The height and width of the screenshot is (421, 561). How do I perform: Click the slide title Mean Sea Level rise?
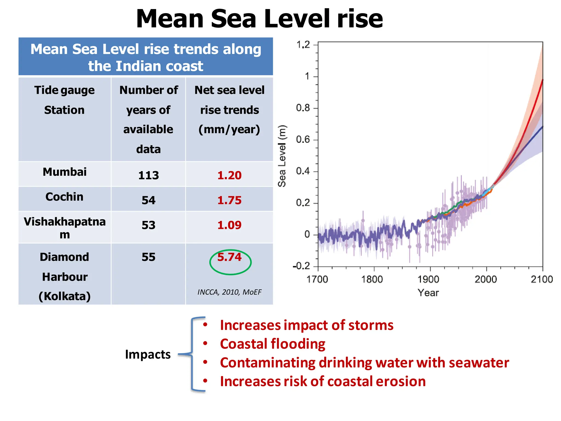click(x=259, y=19)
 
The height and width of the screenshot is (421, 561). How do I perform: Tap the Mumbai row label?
click(x=65, y=172)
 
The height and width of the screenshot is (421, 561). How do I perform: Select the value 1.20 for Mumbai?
click(x=229, y=175)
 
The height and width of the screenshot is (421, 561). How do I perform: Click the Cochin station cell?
click(x=64, y=197)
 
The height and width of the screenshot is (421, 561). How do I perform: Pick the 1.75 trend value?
click(x=229, y=200)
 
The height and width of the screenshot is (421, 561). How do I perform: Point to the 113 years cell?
click(x=148, y=175)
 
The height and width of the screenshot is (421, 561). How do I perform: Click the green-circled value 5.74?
click(x=229, y=257)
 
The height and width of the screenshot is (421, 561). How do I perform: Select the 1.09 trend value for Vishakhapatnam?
click(x=229, y=225)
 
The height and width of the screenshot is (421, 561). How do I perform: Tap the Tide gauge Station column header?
click(x=64, y=100)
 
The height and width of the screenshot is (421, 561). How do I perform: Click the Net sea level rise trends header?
click(x=229, y=110)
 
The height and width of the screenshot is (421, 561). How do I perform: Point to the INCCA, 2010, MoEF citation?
click(x=229, y=292)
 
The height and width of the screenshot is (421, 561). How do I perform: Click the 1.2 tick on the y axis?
click(x=303, y=45)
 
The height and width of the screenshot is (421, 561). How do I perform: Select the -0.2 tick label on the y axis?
click(x=301, y=266)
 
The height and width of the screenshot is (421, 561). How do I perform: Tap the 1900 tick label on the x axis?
click(x=428, y=279)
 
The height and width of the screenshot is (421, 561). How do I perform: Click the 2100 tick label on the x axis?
click(x=542, y=279)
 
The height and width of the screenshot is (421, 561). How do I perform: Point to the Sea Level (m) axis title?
click(x=282, y=156)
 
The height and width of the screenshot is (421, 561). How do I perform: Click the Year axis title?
click(x=428, y=293)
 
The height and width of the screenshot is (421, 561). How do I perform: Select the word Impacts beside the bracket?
click(x=148, y=354)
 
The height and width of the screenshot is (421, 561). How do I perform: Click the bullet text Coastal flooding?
click(x=273, y=344)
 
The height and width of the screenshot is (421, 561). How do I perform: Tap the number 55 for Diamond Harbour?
click(x=148, y=257)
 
